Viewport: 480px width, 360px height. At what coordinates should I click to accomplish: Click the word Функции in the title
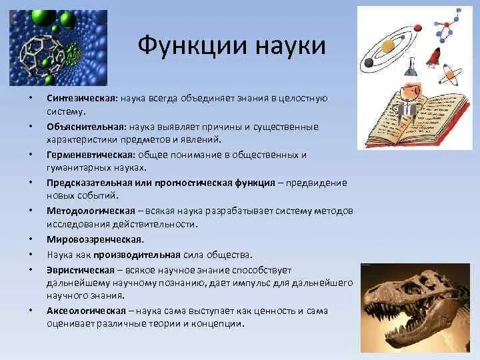193,46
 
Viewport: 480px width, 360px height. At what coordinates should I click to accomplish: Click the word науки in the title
291,47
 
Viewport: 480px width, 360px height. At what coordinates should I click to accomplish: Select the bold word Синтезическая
82,98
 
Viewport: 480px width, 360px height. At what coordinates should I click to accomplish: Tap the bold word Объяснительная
86,127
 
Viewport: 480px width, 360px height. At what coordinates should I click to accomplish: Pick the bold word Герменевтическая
91,155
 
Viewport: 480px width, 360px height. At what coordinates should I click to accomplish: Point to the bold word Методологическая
91,211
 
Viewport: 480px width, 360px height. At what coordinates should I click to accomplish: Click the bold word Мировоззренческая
95,239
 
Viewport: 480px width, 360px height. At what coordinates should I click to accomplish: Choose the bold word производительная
137,255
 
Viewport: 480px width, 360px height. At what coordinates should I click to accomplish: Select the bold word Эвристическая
81,270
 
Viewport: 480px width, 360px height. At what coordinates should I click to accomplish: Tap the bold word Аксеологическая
86,311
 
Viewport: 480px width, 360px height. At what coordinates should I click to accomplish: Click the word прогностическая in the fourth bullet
193,183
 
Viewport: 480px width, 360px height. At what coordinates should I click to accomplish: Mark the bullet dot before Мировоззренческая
31,239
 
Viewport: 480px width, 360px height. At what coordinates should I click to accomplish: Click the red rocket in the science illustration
433,57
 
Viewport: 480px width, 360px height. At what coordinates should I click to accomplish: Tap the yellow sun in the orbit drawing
388,45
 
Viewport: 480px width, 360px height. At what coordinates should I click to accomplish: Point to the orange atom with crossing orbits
449,75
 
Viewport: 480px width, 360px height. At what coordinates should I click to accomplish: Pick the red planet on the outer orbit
418,29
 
